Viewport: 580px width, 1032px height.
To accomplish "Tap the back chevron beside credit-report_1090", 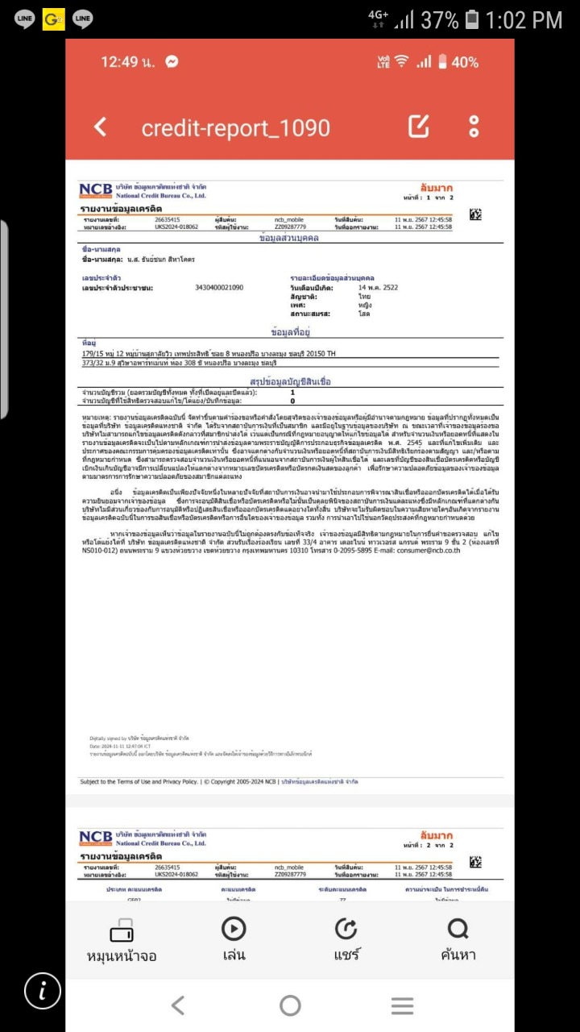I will [101, 127].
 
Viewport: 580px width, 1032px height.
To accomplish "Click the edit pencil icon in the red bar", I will [419, 127].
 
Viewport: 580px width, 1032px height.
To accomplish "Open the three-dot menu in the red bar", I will [474, 127].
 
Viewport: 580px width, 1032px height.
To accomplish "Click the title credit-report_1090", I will [235, 127].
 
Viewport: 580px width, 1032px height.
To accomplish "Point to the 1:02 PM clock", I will [524, 19].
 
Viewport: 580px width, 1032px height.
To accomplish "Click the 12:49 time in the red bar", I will [128, 62].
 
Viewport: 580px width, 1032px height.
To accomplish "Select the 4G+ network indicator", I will [378, 19].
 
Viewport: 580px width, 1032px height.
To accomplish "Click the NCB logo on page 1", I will [96, 190].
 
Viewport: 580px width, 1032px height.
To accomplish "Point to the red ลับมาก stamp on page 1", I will [437, 188].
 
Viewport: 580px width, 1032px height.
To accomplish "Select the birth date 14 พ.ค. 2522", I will [378, 288].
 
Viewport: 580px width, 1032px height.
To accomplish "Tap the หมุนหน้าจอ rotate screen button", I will [122, 940].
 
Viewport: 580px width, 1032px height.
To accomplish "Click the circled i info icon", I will [43, 991].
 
